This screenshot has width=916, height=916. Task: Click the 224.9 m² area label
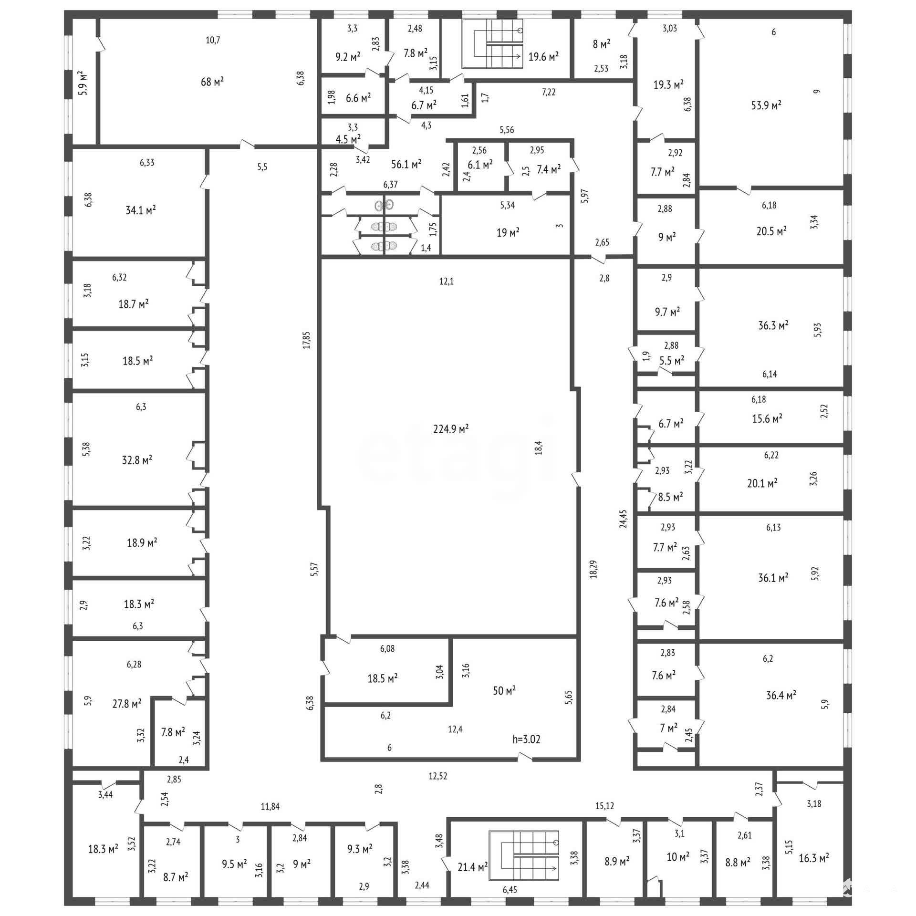coord(451,429)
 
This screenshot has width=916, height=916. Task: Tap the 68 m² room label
coord(212,82)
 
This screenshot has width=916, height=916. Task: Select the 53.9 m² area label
coord(766,105)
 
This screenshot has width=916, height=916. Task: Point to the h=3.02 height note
coord(526,740)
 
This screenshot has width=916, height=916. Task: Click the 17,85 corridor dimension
coord(306,340)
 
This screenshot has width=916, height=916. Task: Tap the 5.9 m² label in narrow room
coord(83,83)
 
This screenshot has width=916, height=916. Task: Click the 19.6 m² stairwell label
coord(543,57)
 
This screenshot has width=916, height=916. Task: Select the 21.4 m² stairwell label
coord(472,867)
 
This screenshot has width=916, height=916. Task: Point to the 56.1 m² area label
coord(406,164)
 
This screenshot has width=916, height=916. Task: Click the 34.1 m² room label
coord(141,210)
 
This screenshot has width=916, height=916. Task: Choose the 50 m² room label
coord(504,690)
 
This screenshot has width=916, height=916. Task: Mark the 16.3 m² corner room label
coord(814,872)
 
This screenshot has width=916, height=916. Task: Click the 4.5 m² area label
coord(348,139)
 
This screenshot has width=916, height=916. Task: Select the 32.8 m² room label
coord(137,460)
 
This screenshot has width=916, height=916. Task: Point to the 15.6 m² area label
coord(767,419)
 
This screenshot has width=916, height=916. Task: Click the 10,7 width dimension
coord(213,40)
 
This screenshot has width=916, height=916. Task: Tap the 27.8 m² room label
coord(126,704)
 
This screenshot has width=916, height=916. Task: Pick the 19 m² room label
coord(508,233)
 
